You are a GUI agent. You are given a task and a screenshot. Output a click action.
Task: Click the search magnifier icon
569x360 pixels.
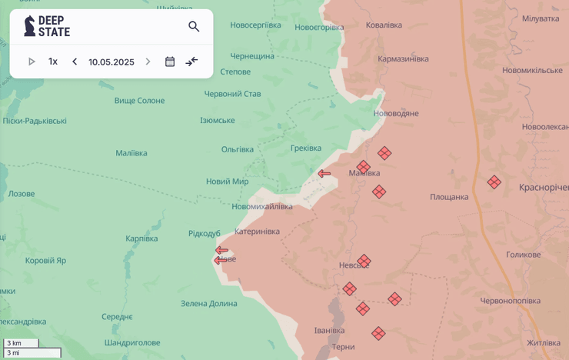pos(194,26)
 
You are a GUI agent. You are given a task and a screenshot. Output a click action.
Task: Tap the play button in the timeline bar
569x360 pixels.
pos(32,62)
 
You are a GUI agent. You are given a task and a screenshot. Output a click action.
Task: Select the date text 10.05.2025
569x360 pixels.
pos(111,62)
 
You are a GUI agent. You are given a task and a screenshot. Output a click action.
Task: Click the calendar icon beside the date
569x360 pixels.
pos(170,62)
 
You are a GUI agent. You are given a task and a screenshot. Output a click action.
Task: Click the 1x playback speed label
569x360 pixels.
pos(53,62)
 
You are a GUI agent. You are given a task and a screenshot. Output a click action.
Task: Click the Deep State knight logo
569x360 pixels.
pos(29,26)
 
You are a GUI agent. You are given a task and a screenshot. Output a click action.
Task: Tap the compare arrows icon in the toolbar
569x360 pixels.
pos(192,62)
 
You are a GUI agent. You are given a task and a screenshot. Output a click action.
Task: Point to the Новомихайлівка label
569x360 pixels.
pos(261,206)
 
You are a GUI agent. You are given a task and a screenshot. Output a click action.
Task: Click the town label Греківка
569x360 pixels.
pos(306,148)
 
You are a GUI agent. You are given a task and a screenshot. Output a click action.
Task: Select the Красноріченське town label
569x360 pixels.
pos(544,187)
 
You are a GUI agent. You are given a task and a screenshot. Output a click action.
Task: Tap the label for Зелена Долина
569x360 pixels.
pos(208,303)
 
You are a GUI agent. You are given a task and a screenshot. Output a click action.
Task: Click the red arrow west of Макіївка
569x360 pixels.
pos(324,174)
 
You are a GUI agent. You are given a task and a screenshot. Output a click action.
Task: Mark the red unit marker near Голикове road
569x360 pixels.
pos(494,182)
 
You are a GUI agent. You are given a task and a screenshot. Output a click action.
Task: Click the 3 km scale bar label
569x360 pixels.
pos(15,343)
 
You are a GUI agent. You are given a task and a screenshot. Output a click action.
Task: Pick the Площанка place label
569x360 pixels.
pos(449,197)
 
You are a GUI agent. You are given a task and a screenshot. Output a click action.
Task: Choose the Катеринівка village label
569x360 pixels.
pos(257,231)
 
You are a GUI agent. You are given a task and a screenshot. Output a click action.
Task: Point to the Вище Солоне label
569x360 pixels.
pos(139,100)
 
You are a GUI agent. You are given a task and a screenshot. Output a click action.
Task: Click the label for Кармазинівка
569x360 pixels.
pos(403,58)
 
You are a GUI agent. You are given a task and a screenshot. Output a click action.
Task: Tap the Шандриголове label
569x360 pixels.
pos(132,342)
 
